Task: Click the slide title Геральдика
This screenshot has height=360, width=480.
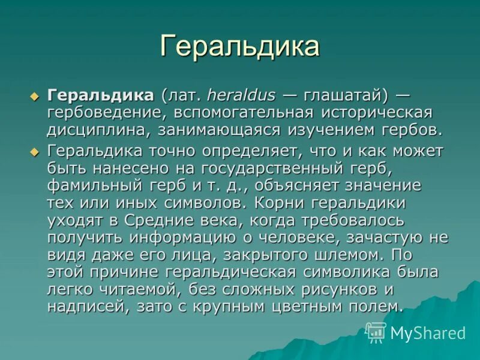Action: pyautogui.click(x=239, y=47)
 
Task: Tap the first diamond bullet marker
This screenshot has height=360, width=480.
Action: pyautogui.click(x=34, y=96)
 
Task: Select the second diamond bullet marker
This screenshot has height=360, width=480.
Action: pyautogui.click(x=34, y=150)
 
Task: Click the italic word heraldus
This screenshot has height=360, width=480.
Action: pyautogui.click(x=242, y=95)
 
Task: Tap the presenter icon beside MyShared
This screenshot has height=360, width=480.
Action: pyautogui.click(x=376, y=332)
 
